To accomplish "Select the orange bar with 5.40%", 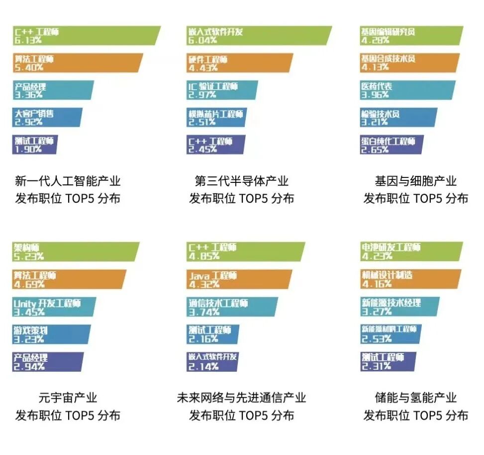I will click(77, 63).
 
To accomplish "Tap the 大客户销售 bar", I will click(47, 118).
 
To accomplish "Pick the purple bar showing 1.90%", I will click(34, 145).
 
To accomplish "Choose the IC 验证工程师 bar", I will click(222, 90).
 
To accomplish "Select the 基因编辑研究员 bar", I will click(411, 36).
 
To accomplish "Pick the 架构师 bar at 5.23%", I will click(75, 252).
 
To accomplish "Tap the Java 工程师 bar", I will click(239, 279).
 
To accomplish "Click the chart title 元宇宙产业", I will click(68, 398).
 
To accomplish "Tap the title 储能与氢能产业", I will click(416, 398).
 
